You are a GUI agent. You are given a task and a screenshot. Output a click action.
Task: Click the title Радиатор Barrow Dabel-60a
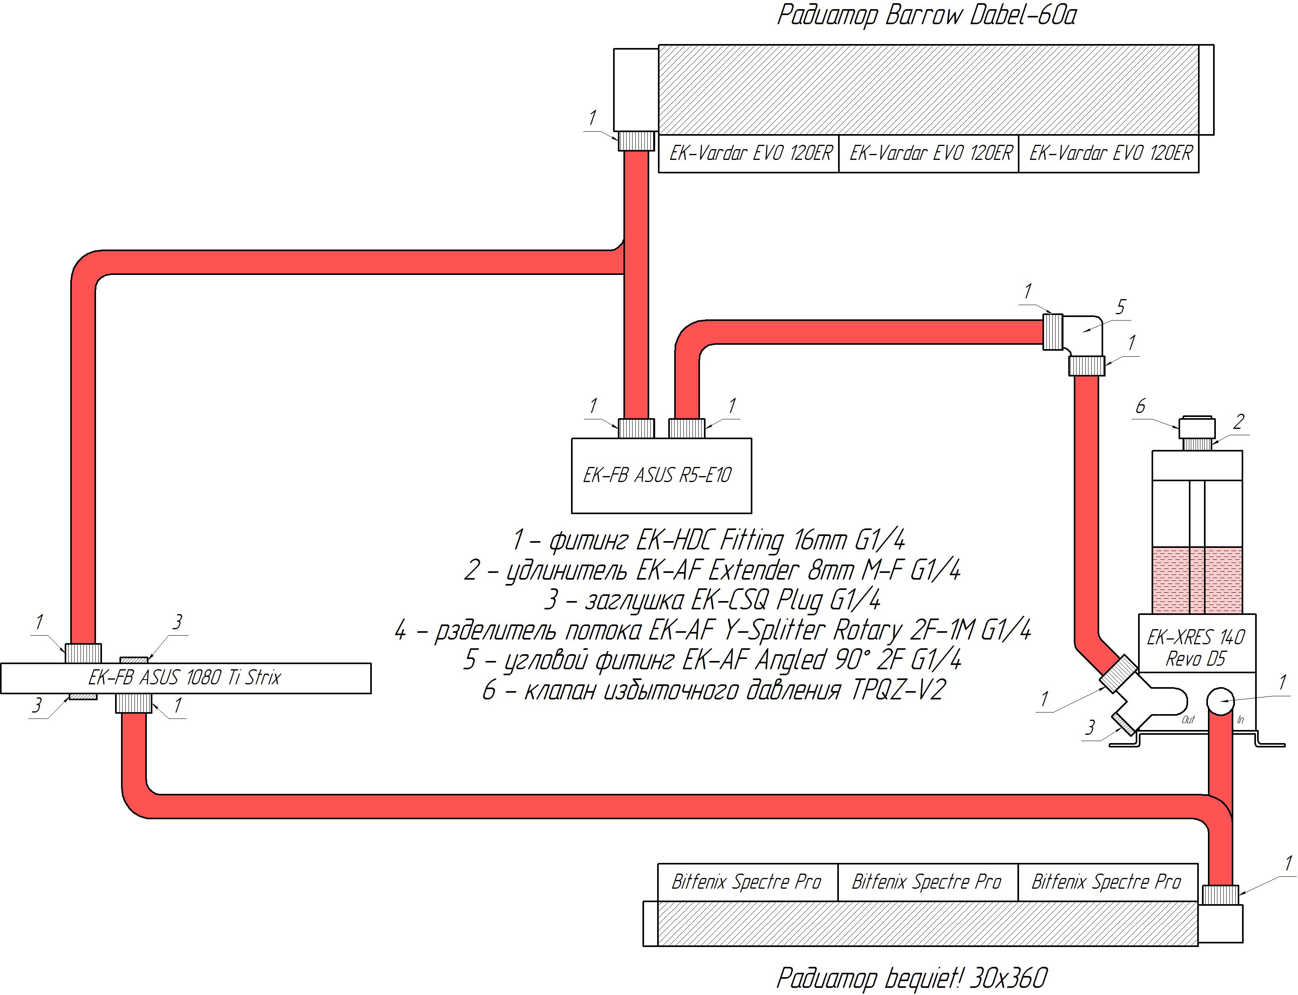(x=926, y=16)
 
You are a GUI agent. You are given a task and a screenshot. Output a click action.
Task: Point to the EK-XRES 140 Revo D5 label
(x=1196, y=647)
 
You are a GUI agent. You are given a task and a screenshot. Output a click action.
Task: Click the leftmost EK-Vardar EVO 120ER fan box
(x=750, y=154)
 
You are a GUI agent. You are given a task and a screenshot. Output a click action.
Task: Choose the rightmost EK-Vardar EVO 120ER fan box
(x=1110, y=154)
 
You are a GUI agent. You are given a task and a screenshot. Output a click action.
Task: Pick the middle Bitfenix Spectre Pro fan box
(x=927, y=882)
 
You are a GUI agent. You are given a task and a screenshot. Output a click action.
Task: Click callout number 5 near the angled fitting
(x=1120, y=307)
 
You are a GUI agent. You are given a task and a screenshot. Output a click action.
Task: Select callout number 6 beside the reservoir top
(x=1140, y=406)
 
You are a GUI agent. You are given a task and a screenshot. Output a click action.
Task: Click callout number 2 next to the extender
(x=1238, y=422)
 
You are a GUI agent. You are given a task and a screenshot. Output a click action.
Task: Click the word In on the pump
(x=1240, y=720)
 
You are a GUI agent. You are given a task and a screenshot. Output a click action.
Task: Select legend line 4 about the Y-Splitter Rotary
(x=713, y=630)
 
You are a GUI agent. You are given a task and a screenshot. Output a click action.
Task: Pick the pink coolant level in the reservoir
(x=1197, y=580)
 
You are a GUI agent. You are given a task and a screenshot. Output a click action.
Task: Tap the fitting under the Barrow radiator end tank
(x=636, y=141)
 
